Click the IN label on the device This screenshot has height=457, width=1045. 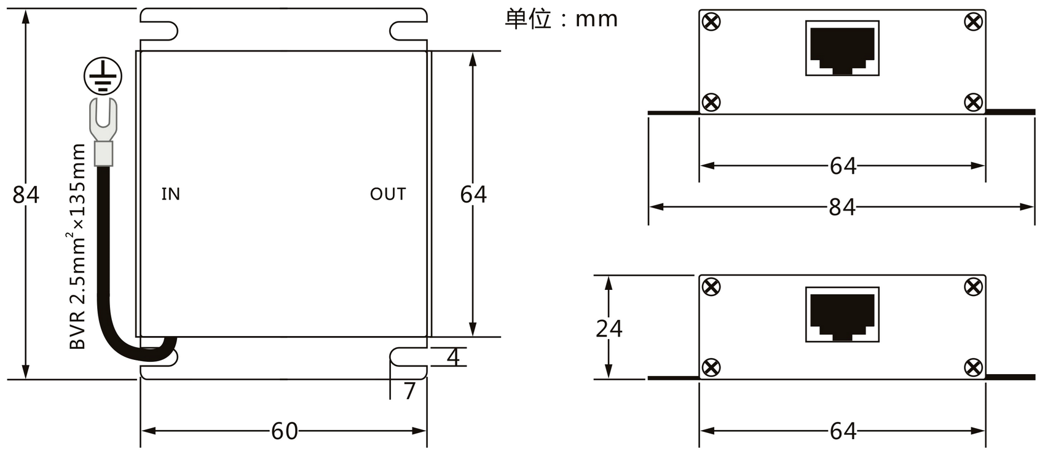(x=171, y=194)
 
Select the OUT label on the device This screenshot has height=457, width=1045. (x=388, y=194)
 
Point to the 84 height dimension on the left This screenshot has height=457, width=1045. (x=26, y=195)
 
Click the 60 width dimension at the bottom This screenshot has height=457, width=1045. (x=285, y=431)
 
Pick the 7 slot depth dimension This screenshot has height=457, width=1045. (x=409, y=391)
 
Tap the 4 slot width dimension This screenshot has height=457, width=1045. (x=453, y=357)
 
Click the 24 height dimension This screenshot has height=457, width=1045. (x=609, y=329)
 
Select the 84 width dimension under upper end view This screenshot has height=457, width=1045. (x=842, y=207)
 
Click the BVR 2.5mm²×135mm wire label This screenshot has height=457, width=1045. (x=77, y=246)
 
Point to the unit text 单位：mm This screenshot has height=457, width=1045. (x=562, y=19)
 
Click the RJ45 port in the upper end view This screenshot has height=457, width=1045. (x=843, y=48)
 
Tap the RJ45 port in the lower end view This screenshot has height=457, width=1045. (x=843, y=314)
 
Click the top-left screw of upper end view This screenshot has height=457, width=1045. (x=711, y=21)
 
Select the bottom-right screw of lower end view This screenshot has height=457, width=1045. (x=973, y=367)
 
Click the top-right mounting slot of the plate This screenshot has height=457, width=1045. (x=408, y=31)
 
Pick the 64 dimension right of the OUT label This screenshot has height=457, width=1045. (x=473, y=195)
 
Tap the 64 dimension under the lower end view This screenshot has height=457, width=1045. (x=843, y=431)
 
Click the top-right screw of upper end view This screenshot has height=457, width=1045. (x=973, y=21)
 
